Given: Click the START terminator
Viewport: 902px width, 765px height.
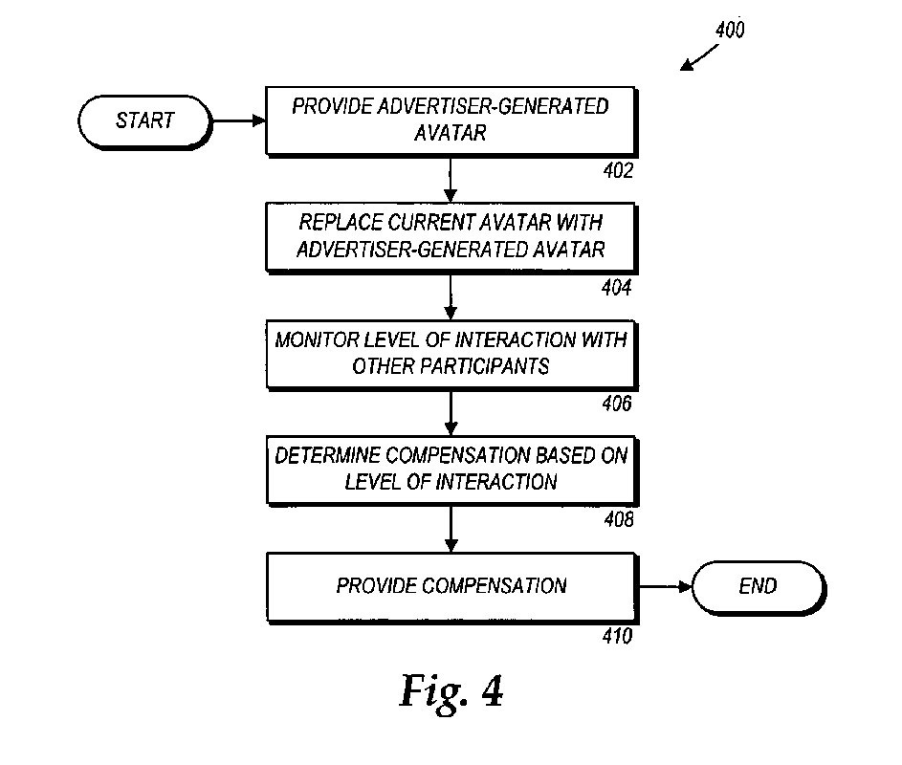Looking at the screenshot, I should pyautogui.click(x=144, y=120).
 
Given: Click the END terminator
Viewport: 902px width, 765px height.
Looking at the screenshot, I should pyautogui.click(x=758, y=585).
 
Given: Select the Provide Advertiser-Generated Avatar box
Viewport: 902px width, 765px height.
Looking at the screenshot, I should pyautogui.click(x=451, y=120).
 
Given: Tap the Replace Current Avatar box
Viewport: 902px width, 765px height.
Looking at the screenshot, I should pyautogui.click(x=451, y=237).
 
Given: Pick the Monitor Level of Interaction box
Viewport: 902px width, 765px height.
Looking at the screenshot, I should pyautogui.click(x=451, y=353).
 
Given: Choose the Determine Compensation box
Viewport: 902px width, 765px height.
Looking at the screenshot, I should pyautogui.click(x=451, y=469).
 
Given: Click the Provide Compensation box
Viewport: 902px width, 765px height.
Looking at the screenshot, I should pyautogui.click(x=451, y=585).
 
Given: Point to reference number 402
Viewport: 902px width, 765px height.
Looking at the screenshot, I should pyautogui.click(x=617, y=171).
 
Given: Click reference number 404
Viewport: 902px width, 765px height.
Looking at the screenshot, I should pyautogui.click(x=617, y=287).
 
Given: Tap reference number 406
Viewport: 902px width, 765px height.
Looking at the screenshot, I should pyautogui.click(x=617, y=404).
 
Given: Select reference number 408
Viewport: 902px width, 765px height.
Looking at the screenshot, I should pyautogui.click(x=617, y=520).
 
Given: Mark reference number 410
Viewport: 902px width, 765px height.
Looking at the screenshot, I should pyautogui.click(x=617, y=637).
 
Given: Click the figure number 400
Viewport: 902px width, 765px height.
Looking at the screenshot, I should pyautogui.click(x=729, y=30).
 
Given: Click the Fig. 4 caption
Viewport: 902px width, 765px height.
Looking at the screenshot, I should pyautogui.click(x=451, y=691).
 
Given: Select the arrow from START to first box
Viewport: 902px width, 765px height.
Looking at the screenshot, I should pyautogui.click(x=237, y=121).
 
